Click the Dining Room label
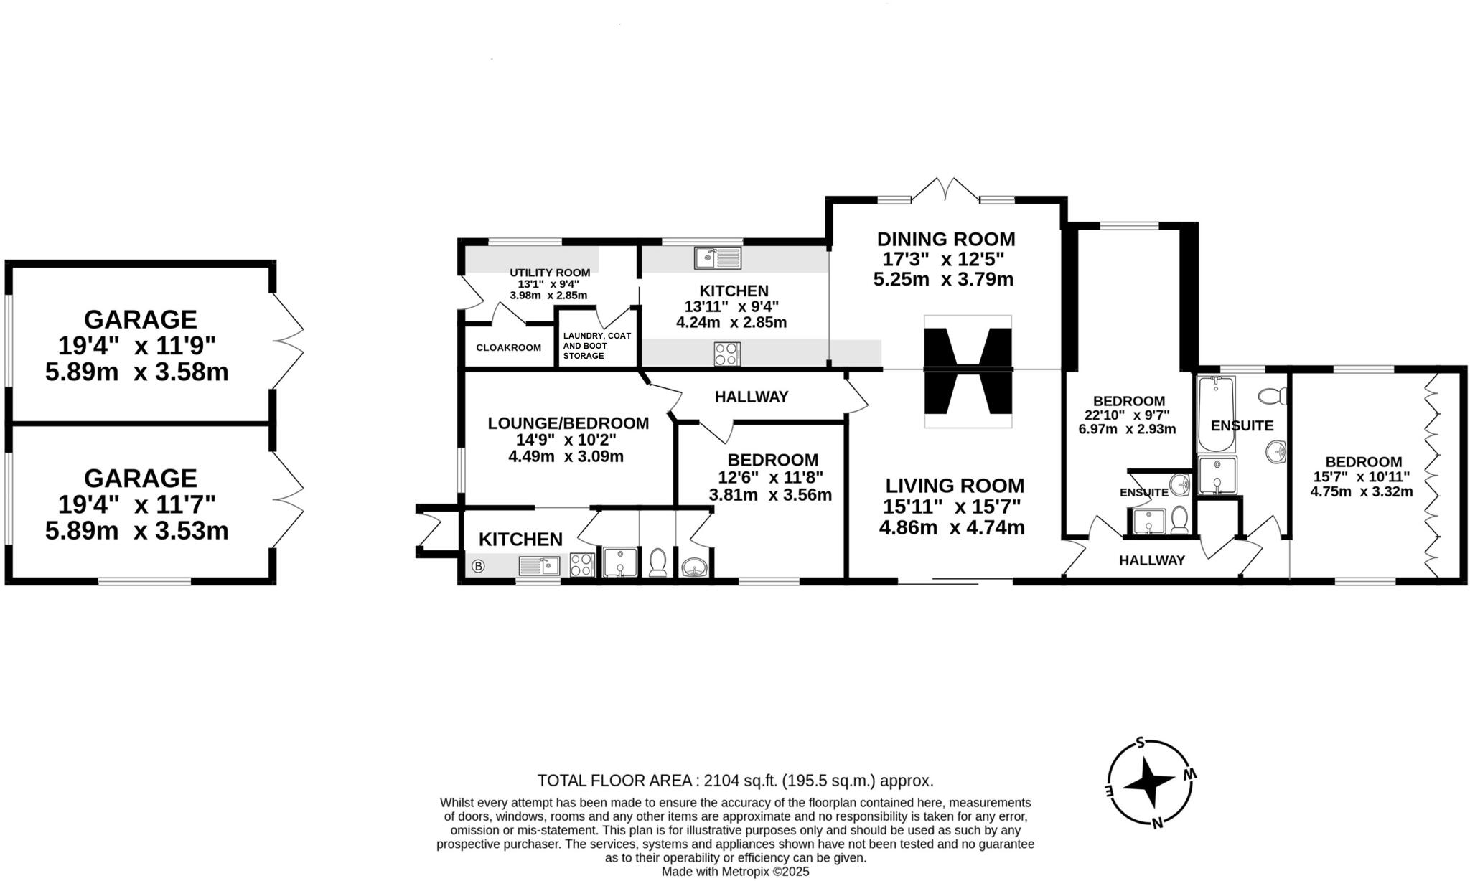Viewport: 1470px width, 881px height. [946, 239]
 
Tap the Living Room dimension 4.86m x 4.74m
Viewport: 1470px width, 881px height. [952, 527]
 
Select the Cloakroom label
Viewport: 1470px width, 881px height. [508, 347]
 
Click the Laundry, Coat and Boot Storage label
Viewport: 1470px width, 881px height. [596, 345]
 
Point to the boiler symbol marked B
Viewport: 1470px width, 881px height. [478, 566]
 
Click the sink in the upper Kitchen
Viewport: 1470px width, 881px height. [718, 258]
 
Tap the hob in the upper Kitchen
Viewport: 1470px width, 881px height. [727, 353]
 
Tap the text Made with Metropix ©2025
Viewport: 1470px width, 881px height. [735, 871]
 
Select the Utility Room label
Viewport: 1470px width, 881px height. [550, 273]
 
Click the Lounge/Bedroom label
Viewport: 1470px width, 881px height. [568, 423]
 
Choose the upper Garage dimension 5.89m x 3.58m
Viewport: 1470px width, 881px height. [137, 372]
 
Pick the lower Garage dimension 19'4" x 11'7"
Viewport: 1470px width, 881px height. [137, 505]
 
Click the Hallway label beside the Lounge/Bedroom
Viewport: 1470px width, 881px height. [752, 397]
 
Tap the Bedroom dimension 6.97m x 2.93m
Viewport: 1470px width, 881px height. [1127, 429]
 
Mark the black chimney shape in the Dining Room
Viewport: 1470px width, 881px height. [968, 371]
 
